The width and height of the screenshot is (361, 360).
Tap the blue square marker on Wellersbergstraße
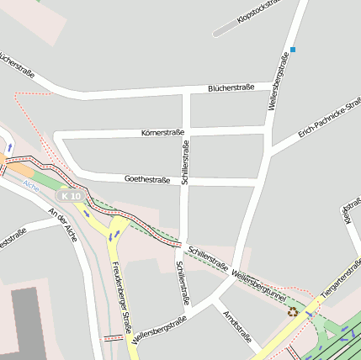(x=293, y=50)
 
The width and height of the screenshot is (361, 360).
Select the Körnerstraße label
(x=162, y=133)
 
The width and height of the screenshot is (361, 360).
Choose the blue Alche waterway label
(x=31, y=183)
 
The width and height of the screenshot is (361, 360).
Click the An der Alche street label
(x=62, y=225)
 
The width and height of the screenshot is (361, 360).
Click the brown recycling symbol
(x=292, y=311)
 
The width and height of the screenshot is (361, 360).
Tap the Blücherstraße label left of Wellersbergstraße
(x=231, y=87)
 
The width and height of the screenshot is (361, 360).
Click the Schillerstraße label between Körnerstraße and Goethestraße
(x=185, y=162)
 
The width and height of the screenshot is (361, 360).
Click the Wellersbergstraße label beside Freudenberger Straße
(x=159, y=331)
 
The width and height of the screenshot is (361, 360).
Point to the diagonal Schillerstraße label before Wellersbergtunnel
(x=208, y=258)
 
